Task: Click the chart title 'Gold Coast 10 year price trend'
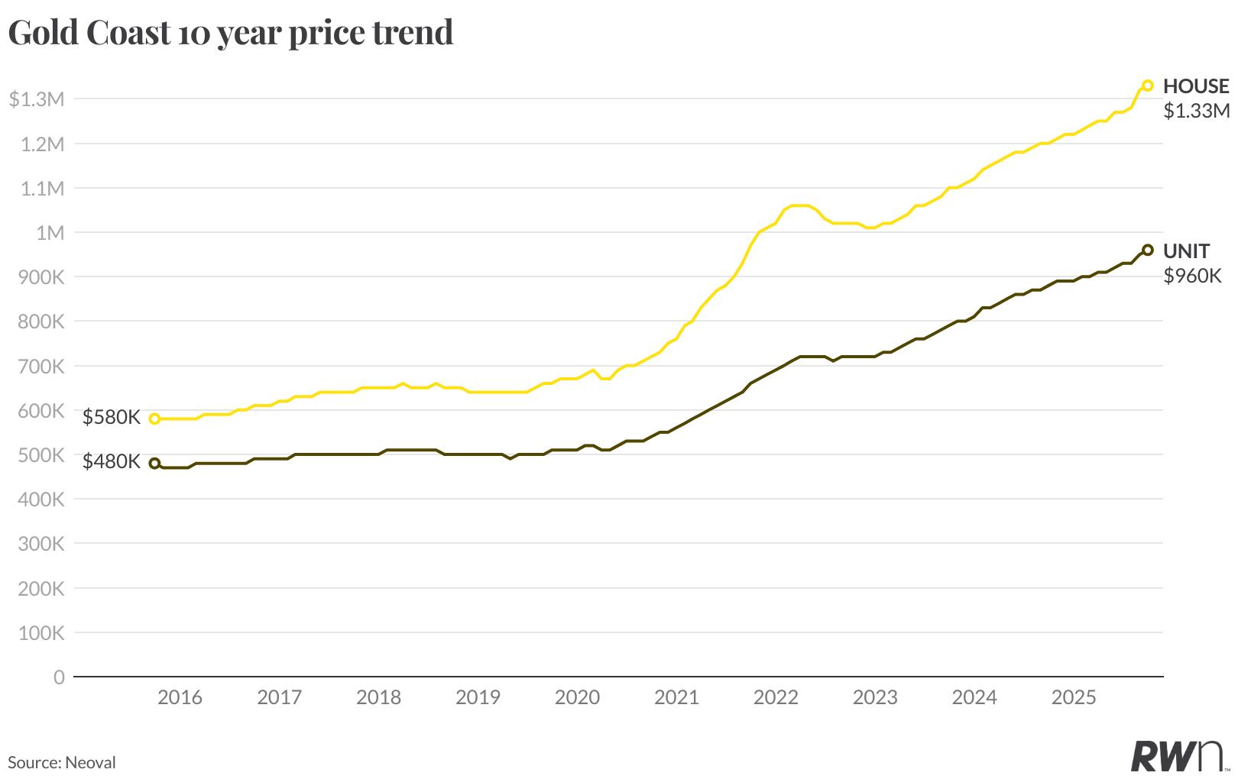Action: point(230,32)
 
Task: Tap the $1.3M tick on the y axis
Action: point(36,99)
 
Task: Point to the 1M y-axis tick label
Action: point(50,232)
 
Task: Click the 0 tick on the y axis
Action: point(59,677)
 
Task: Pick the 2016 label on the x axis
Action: point(180,697)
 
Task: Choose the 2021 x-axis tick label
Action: point(676,697)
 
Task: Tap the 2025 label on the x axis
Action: point(1074,697)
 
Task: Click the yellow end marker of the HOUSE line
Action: point(1147,86)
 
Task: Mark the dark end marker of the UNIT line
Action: point(1147,250)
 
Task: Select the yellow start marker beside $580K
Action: point(154,419)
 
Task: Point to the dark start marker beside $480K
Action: point(154,463)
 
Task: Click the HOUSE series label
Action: point(1196,86)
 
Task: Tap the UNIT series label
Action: point(1186,251)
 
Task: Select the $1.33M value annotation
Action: point(1196,112)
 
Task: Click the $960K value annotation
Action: point(1192,276)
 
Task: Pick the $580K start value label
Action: point(112,418)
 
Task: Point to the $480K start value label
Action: point(112,462)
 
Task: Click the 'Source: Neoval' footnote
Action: point(62,762)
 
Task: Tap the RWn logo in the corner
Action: point(1179,755)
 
